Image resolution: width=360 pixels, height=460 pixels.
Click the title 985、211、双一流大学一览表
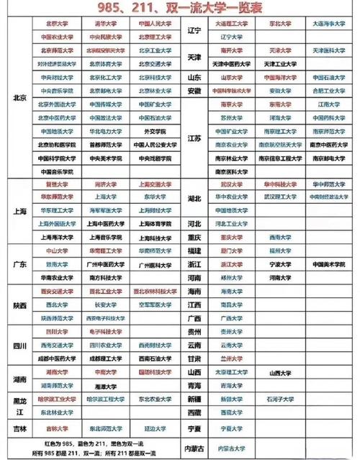180,9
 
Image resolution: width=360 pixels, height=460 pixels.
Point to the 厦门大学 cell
231,251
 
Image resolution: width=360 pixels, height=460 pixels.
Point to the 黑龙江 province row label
19,405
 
